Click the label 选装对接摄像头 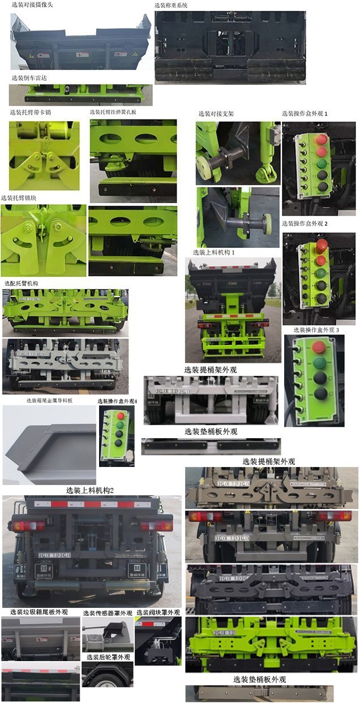coord(32,5)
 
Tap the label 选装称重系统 coord(171,6)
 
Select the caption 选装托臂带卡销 coord(30,112)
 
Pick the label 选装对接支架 coord(216,113)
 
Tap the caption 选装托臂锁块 coord(23,198)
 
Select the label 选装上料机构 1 coord(213,252)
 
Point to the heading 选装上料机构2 coord(90,490)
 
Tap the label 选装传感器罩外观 coord(108,613)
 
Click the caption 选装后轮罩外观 coord(108,657)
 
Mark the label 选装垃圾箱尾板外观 coord(39,612)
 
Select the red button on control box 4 coord(120,416)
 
